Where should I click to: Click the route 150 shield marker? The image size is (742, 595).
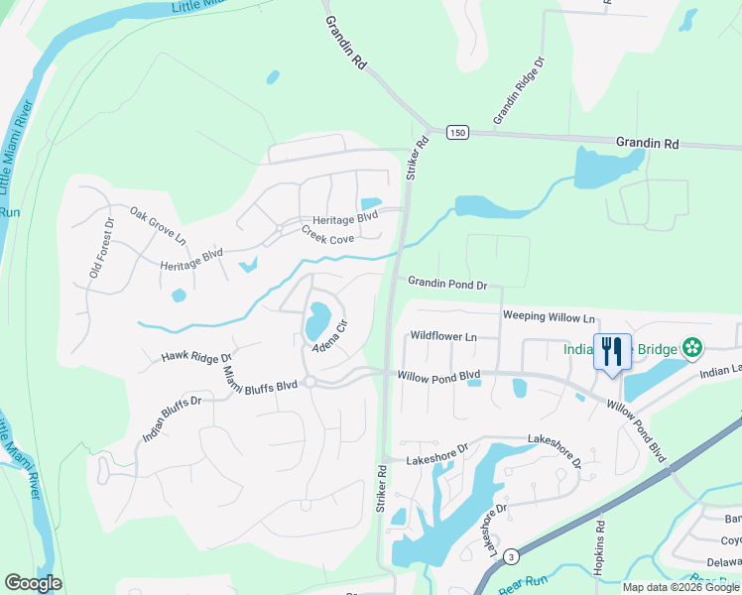tap(456, 133)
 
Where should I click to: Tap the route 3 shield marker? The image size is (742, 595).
tap(510, 555)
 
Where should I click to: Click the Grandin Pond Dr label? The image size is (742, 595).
tap(447, 285)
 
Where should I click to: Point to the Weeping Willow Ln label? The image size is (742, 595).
tap(549, 317)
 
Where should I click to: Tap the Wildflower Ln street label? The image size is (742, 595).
tap(443, 337)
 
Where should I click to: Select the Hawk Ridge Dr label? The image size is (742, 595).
tap(197, 356)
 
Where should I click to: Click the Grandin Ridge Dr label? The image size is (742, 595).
tap(520, 90)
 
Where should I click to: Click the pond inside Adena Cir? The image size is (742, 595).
tap(317, 319)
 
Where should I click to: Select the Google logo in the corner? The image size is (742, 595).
tap(33, 583)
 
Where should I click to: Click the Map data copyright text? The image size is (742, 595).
tap(680, 587)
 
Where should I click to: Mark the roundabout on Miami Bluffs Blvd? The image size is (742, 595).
tap(310, 382)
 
